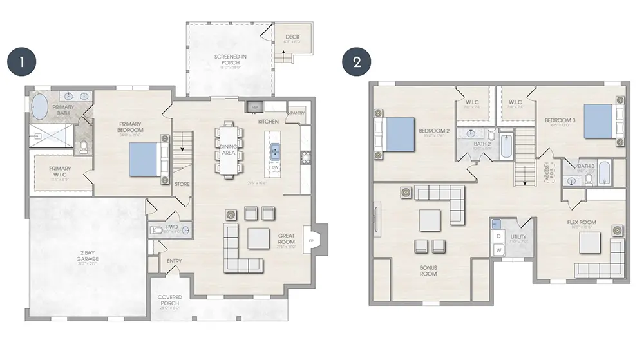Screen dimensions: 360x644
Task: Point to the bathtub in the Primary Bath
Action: [39, 108]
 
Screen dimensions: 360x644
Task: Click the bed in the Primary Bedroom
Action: [145, 159]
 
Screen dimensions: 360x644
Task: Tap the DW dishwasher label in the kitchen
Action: [275, 167]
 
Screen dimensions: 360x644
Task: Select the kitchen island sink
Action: [275, 151]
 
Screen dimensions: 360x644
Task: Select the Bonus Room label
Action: [428, 270]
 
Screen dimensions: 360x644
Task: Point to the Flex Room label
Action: [581, 223]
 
